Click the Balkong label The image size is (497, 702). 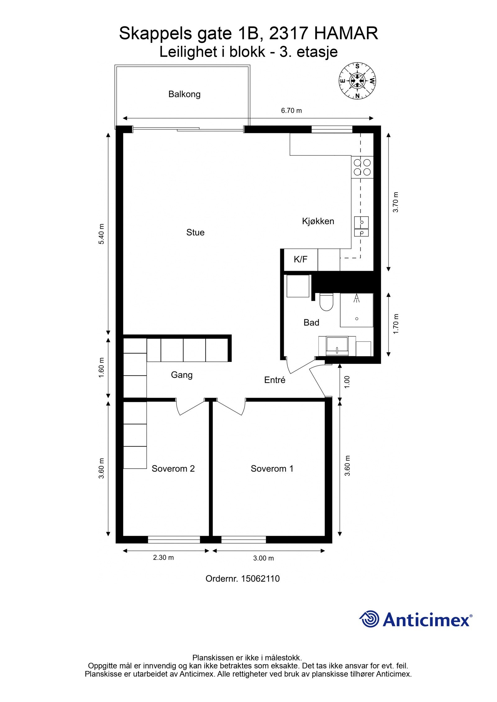184,94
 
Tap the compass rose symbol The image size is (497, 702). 357,81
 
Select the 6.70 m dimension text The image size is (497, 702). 291,110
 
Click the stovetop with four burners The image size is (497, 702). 362,167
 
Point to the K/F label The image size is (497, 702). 300,260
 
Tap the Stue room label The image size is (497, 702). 195,232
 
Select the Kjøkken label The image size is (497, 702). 318,221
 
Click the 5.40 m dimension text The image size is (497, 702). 101,234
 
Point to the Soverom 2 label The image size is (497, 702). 173,468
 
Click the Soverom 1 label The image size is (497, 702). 272,468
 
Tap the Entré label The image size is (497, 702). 275,380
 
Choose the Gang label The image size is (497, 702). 182,375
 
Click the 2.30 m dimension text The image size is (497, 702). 163,557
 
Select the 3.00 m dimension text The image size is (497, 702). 263,558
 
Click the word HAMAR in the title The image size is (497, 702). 346,34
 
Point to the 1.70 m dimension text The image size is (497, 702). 395,324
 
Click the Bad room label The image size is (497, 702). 311,323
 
